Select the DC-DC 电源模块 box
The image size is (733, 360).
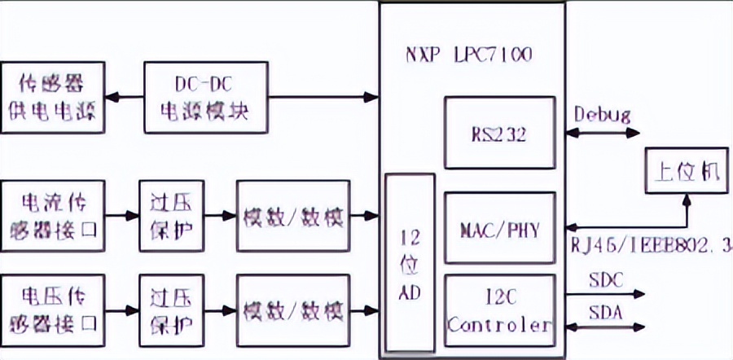coord(208,97)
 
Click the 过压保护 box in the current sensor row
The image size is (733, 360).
coord(171,216)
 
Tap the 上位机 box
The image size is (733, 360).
coord(683,170)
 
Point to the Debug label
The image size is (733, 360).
coord(602,113)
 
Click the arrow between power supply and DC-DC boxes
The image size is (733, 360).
coord(125,97)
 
